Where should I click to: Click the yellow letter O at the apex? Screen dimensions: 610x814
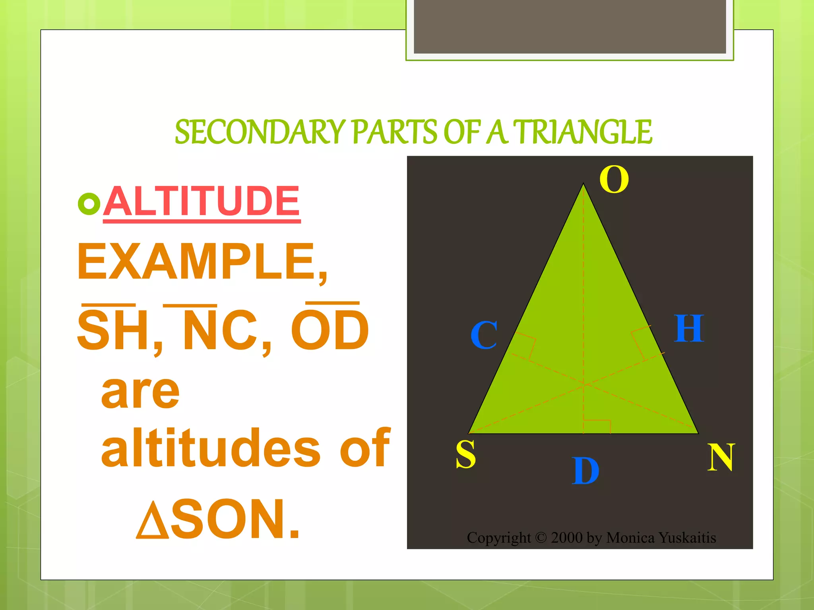(x=614, y=180)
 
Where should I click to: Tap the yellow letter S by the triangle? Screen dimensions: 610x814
(x=465, y=454)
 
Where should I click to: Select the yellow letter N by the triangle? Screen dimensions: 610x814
(x=721, y=457)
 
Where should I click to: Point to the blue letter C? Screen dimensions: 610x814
(x=484, y=335)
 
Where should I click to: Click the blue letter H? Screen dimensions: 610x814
(x=689, y=328)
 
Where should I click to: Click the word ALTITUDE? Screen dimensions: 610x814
(x=202, y=201)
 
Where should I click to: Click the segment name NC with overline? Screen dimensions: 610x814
(x=220, y=330)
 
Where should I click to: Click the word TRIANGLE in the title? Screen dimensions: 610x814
(x=583, y=132)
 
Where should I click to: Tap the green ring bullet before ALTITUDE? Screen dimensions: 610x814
(x=89, y=204)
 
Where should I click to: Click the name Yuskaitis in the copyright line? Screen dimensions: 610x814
(x=687, y=538)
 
